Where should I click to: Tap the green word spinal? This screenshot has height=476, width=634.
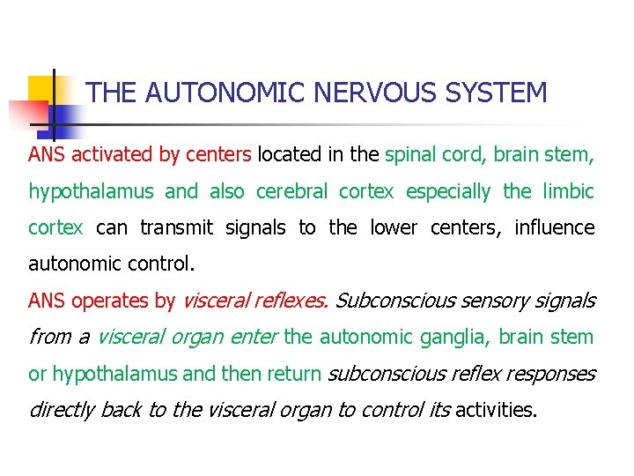point(410,156)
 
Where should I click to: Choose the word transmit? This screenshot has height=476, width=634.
point(176,227)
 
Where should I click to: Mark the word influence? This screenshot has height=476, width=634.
point(555,227)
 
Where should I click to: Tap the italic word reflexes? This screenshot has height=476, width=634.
point(291,301)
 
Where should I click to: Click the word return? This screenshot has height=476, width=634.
point(295,374)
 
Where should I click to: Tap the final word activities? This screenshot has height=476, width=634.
point(496,410)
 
